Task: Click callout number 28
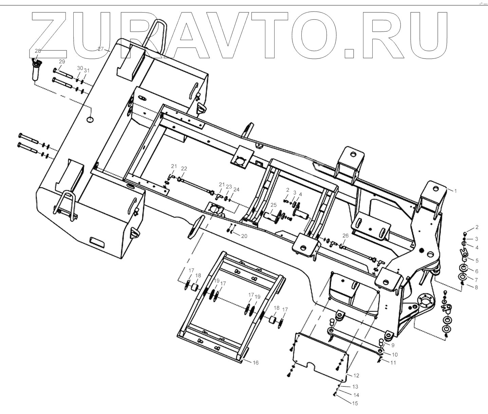pyautogui.click(x=38, y=51)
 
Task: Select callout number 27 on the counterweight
pyautogui.click(x=100, y=49)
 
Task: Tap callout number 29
pyautogui.click(x=62, y=62)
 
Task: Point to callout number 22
pyautogui.click(x=184, y=169)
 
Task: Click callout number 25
pyautogui.click(x=273, y=205)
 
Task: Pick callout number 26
pyautogui.click(x=345, y=236)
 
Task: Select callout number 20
pyautogui.click(x=244, y=236)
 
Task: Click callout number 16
pyautogui.click(x=256, y=363)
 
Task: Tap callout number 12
pyautogui.click(x=356, y=376)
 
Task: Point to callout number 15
pyautogui.click(x=355, y=403)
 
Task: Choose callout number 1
pyautogui.click(x=455, y=191)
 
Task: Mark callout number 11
pyautogui.click(x=393, y=363)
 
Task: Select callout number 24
pyautogui.click(x=236, y=190)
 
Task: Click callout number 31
pyautogui.click(x=87, y=71)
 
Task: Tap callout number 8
pyautogui.click(x=476, y=287)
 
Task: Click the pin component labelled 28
pyautogui.click(x=35, y=70)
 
